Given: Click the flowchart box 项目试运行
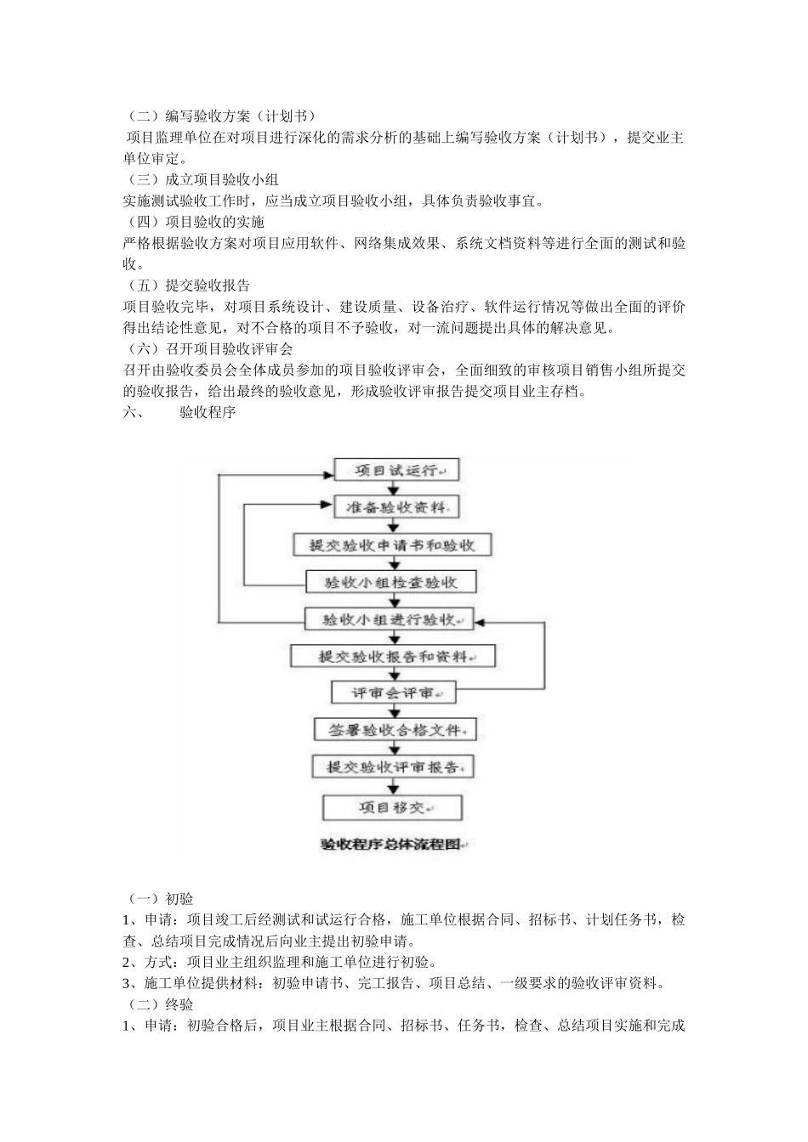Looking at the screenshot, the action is [395, 470].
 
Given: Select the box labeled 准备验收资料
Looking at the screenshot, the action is [395, 507].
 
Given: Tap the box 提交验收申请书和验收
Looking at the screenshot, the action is [392, 545].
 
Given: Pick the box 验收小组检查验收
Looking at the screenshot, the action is [391, 582].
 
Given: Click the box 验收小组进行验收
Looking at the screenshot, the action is [390, 619].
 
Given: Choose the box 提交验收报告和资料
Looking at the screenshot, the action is [393, 656].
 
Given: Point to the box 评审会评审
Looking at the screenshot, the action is [393, 693].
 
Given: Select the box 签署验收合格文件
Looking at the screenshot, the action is [393, 730].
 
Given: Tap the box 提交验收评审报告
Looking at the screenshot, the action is [393, 766].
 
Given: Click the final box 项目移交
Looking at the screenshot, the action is [393, 806].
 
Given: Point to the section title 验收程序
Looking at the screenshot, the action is [207, 413].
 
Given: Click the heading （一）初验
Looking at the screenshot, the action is [158, 899].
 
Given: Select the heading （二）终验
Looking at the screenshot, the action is [158, 1004].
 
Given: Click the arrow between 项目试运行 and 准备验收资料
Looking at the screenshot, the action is [392, 489].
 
